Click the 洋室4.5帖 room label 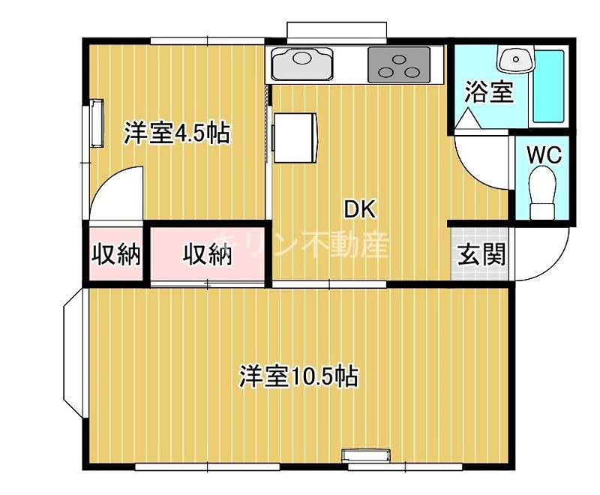click(x=176, y=133)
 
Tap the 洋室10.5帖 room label click(x=298, y=375)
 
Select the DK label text click(x=359, y=209)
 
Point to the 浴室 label click(x=489, y=91)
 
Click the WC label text click(x=543, y=154)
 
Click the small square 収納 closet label click(x=116, y=255)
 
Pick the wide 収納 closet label click(x=208, y=255)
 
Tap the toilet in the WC click(x=541, y=187)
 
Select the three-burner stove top click(x=399, y=64)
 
